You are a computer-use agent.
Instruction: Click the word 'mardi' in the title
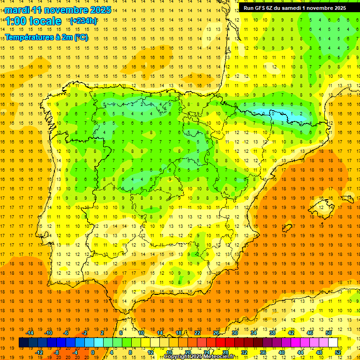pos(18,10)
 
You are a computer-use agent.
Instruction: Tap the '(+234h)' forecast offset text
pos(83,21)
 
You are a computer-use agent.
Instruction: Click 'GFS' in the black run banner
pos(262,8)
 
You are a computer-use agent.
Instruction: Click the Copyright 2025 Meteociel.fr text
pos(199,357)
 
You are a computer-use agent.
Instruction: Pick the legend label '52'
pos(337,352)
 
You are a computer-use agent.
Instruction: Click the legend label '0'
pos(93,352)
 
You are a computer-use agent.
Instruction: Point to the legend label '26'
pos(216,333)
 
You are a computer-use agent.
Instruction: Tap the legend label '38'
pos(272,333)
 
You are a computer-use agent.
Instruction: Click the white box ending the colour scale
pos(333,343)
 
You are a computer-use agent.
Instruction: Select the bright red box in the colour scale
pos(220,343)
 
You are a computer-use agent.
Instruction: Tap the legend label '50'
pos(328,333)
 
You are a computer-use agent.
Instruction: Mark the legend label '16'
pos(169,352)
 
